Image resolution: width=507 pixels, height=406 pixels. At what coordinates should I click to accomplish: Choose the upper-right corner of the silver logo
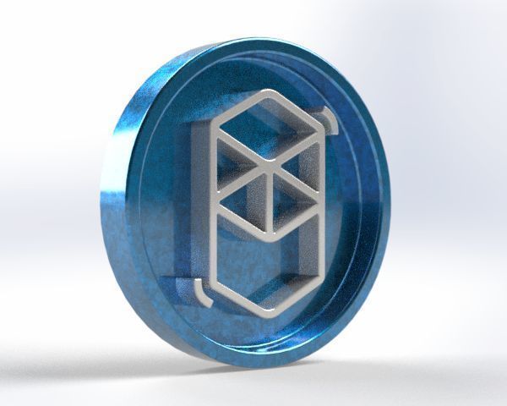[x=322, y=133]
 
